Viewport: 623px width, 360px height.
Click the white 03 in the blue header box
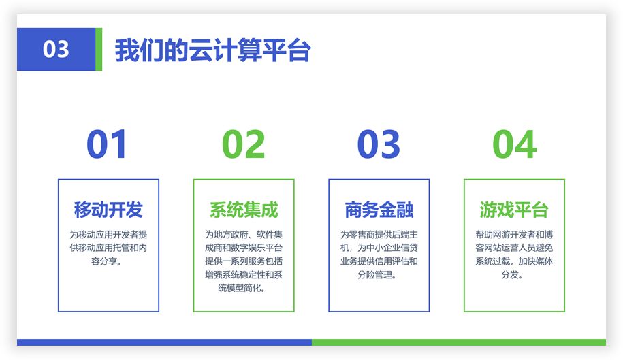(56, 50)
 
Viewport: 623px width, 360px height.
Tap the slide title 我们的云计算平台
(213, 50)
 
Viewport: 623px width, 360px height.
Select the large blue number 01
(106, 144)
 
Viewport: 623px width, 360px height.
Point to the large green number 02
(244, 144)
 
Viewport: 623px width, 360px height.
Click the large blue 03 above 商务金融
(379, 144)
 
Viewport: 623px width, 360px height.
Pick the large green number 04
(515, 144)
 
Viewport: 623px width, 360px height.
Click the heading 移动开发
(108, 210)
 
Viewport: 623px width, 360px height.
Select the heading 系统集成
(244, 210)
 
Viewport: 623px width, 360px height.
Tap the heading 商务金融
(379, 210)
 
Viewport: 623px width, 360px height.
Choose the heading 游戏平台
(514, 210)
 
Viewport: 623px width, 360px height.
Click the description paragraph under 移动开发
(108, 248)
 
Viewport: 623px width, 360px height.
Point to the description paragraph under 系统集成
(244, 261)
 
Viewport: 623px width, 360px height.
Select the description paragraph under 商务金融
(379, 255)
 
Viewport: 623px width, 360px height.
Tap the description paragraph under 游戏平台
(514, 255)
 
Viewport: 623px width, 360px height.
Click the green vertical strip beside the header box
(99, 49)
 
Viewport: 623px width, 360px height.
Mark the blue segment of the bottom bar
(164, 342)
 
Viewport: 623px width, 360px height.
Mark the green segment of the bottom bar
(459, 342)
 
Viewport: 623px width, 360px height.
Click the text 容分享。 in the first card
(106, 261)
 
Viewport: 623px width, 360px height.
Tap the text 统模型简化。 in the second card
(242, 288)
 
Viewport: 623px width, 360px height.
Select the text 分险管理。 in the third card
(377, 275)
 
